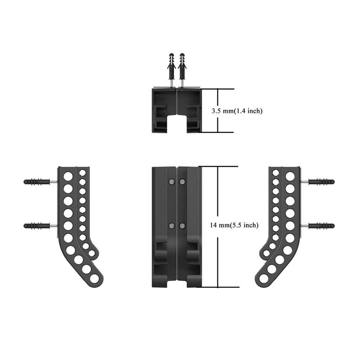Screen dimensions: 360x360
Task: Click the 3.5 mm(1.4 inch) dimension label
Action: coord(237,111)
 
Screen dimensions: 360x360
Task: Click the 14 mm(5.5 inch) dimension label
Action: coord(234,225)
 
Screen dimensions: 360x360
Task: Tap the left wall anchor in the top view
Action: coord(171,70)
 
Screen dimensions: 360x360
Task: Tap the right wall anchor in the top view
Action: coord(182,70)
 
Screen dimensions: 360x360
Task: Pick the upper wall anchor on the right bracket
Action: coord(318,182)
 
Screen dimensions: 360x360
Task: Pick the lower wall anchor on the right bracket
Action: coord(318,226)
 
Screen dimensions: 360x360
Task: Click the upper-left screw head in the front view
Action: coord(171,182)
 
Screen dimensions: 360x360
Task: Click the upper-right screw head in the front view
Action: coord(182,182)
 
